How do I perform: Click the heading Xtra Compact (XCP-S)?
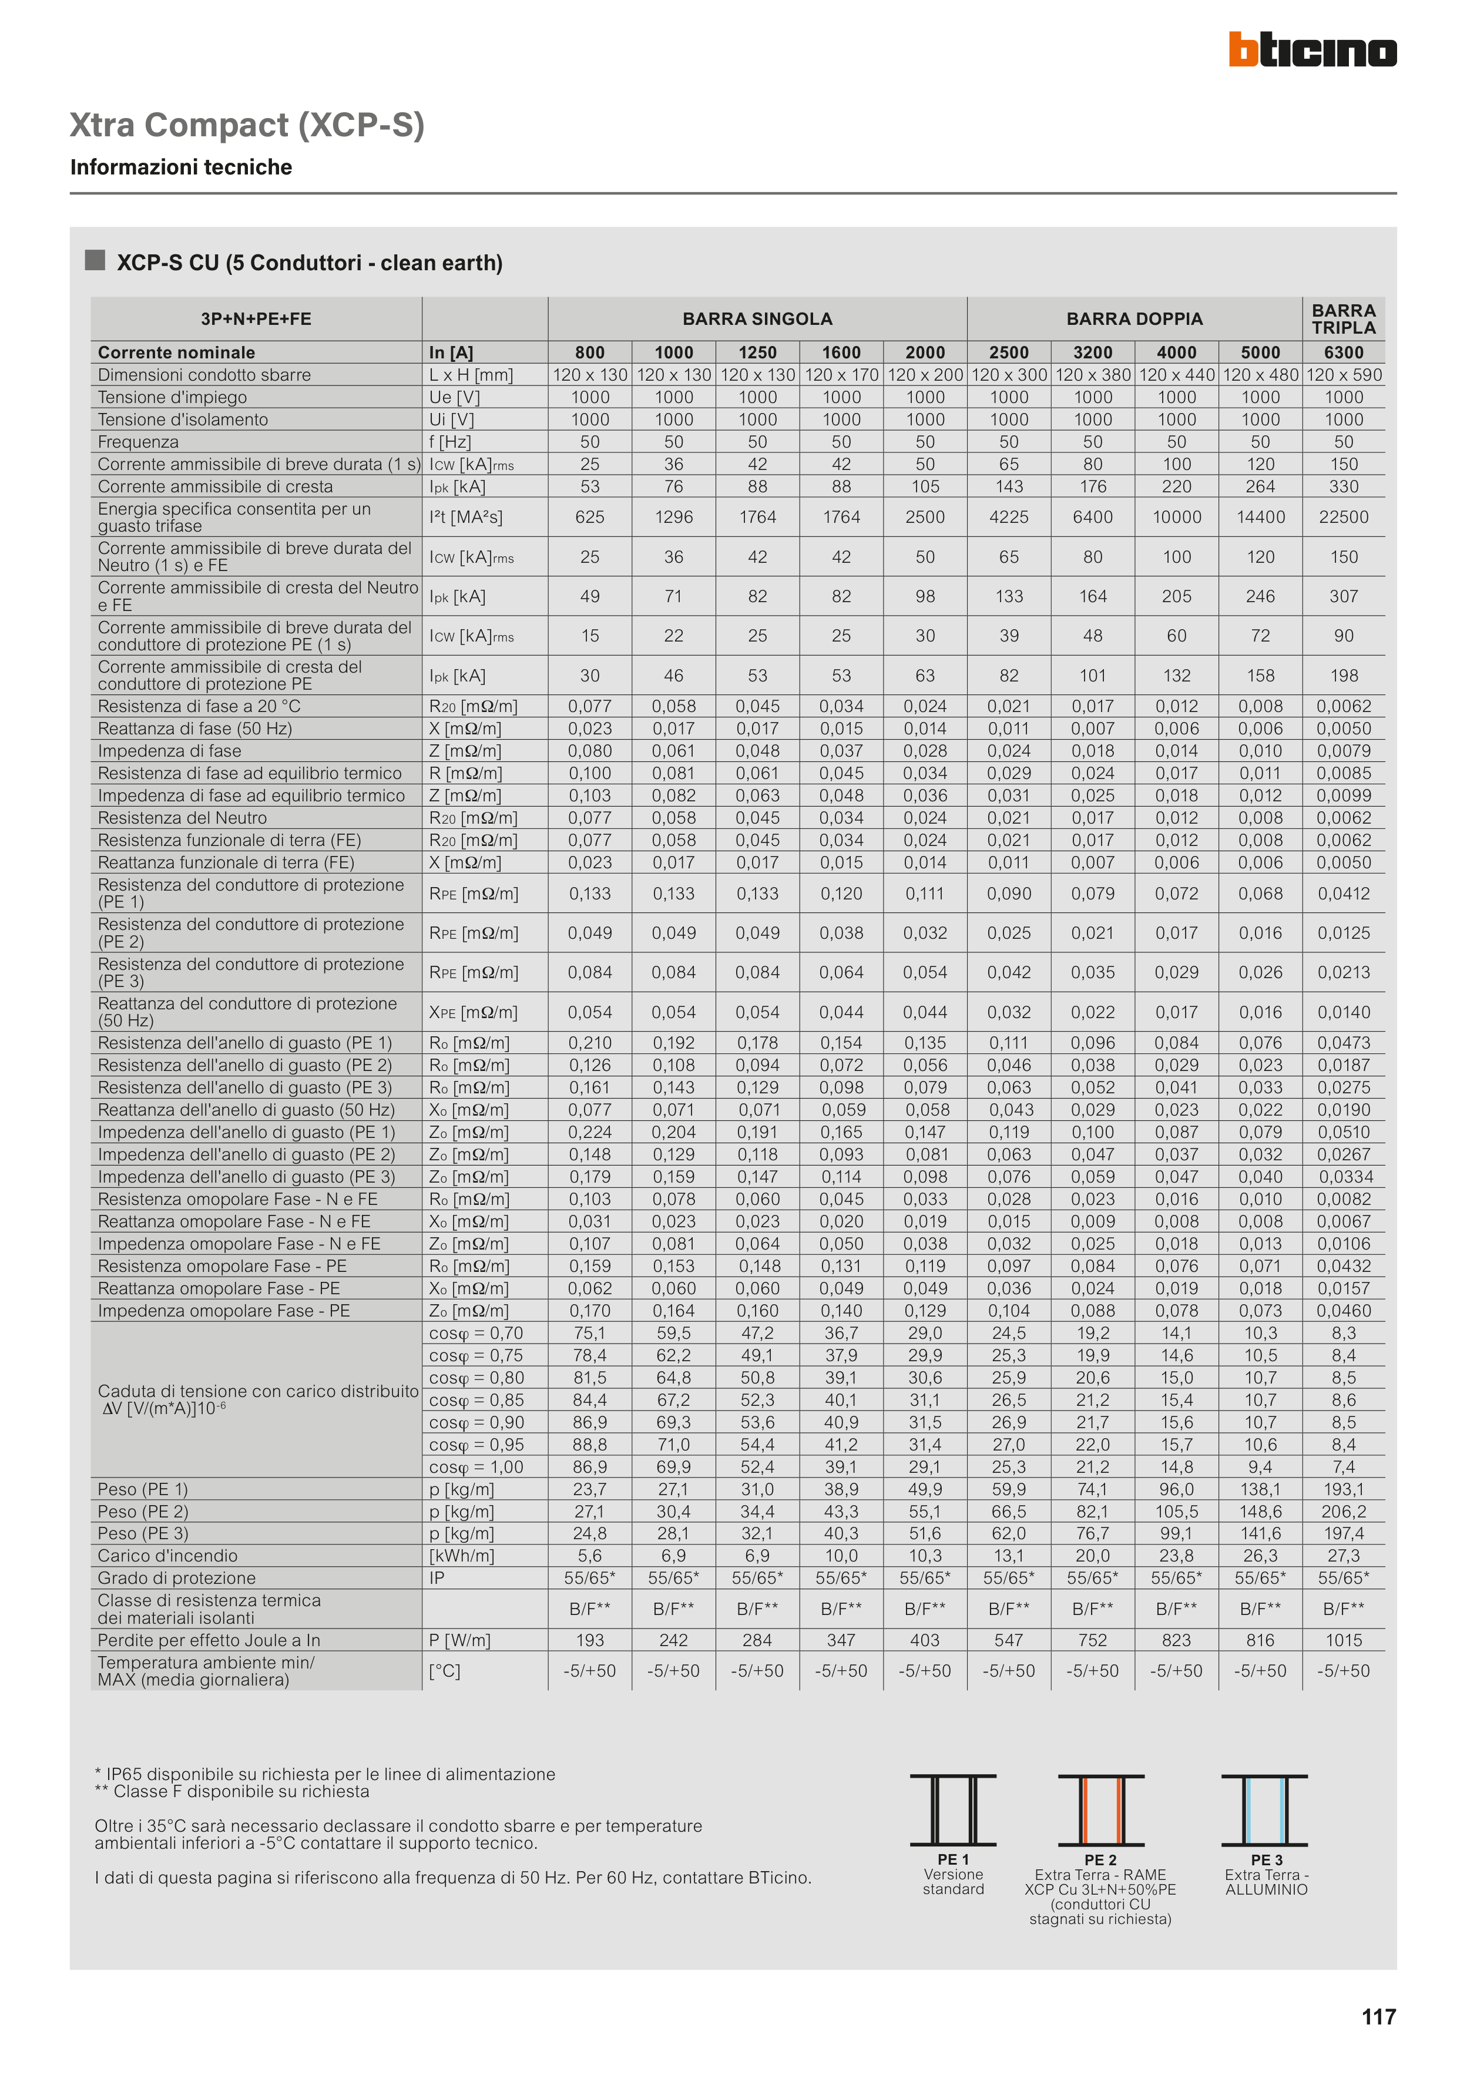click(247, 125)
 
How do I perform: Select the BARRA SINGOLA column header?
click(757, 319)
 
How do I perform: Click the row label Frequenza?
click(138, 442)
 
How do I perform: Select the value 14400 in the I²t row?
click(1260, 517)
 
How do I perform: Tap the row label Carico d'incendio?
click(167, 1555)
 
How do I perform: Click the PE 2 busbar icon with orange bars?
click(1101, 1810)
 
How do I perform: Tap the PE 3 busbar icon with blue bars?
click(1264, 1810)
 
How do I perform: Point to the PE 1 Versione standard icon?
click(953, 1810)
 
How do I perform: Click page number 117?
click(1378, 2017)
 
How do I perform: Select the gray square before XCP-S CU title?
click(95, 260)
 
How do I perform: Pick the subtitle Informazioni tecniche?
click(181, 167)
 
